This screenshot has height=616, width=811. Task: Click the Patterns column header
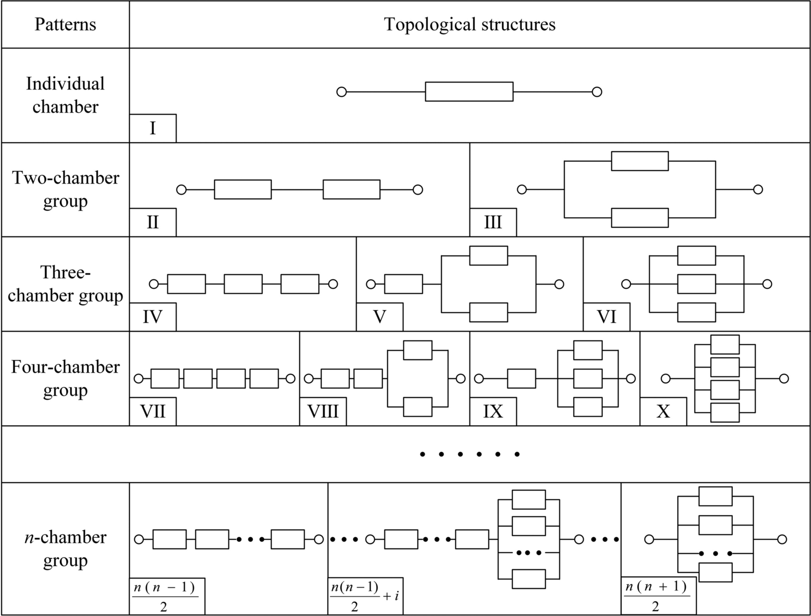pyautogui.click(x=65, y=24)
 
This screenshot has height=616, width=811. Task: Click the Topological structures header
pyautogui.click(x=469, y=24)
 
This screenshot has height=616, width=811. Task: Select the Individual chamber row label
pyautogui.click(x=65, y=95)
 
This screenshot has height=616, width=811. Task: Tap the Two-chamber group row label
pyautogui.click(x=65, y=189)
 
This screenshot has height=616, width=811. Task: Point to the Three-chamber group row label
pyautogui.click(x=65, y=284)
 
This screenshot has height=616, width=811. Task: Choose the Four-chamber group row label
pyautogui.click(x=65, y=378)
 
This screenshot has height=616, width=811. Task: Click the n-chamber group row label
pyautogui.click(x=65, y=548)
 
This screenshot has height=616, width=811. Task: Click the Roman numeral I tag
pyautogui.click(x=152, y=128)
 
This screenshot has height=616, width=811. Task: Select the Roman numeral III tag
pyautogui.click(x=493, y=222)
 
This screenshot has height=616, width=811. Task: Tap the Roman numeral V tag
pyautogui.click(x=379, y=317)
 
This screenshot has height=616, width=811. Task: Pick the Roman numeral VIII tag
pyautogui.click(x=322, y=411)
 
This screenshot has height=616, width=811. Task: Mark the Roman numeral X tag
pyautogui.click(x=663, y=411)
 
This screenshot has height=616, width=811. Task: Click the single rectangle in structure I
pyautogui.click(x=469, y=91)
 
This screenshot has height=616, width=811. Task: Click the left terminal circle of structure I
pyautogui.click(x=342, y=92)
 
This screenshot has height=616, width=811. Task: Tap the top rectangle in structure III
pyautogui.click(x=640, y=161)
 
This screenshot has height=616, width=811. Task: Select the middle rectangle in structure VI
pyautogui.click(x=696, y=284)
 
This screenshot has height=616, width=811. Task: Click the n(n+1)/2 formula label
pyautogui.click(x=656, y=596)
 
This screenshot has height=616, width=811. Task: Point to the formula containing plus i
pyautogui.click(x=365, y=596)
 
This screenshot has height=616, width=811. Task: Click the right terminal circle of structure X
pyautogui.click(x=784, y=379)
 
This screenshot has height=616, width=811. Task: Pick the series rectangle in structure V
pyautogui.click(x=403, y=284)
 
